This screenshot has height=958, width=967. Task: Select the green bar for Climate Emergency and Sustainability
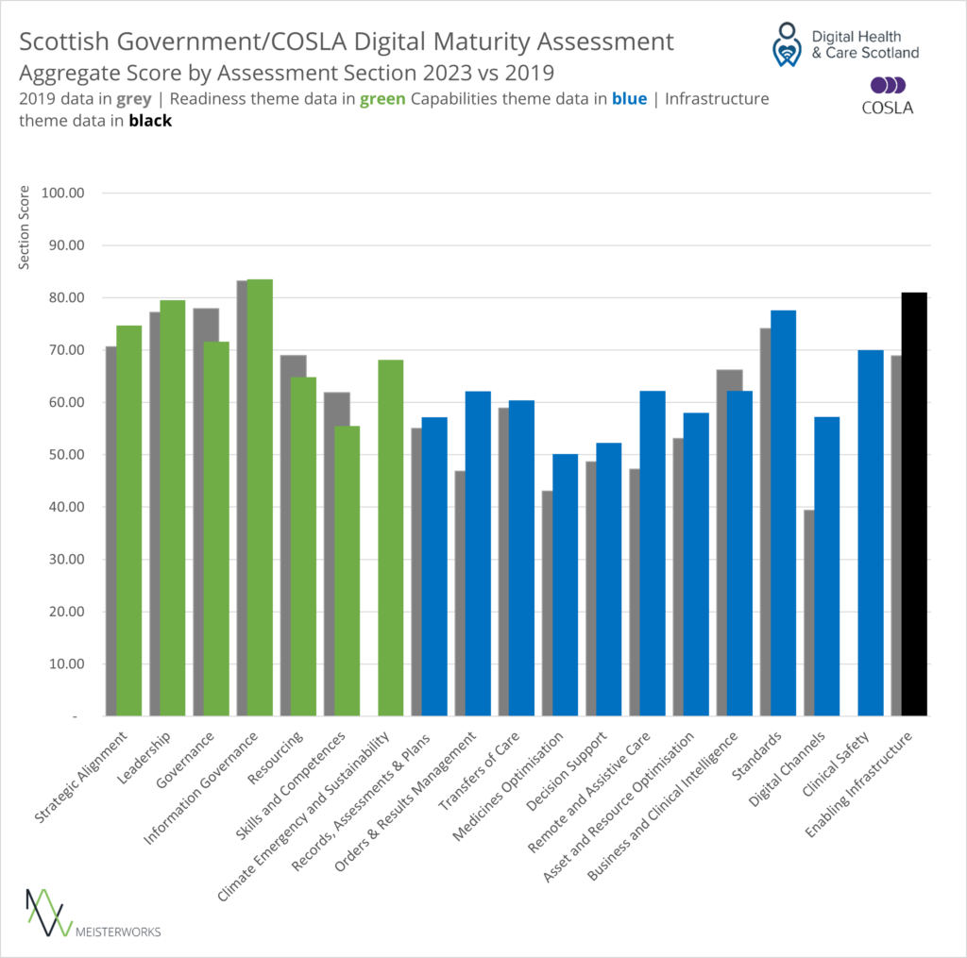390,538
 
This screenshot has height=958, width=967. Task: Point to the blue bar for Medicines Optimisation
565,585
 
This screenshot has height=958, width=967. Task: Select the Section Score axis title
24,227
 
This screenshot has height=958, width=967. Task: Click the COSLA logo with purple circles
887,95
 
